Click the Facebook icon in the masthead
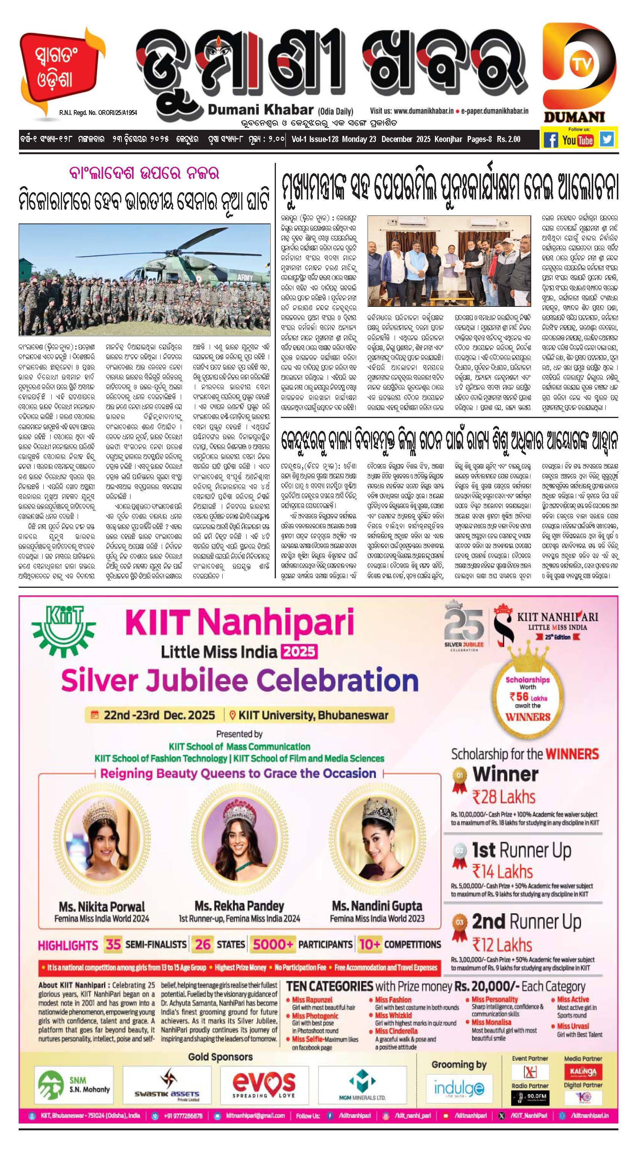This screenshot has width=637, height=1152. [551, 140]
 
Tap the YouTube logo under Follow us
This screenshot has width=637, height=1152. [578, 140]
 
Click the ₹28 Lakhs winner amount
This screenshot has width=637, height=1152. [504, 797]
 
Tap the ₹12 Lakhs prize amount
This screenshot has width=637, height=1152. [502, 945]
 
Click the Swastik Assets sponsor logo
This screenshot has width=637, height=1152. [167, 1083]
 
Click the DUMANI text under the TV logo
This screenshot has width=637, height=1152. [574, 117]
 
